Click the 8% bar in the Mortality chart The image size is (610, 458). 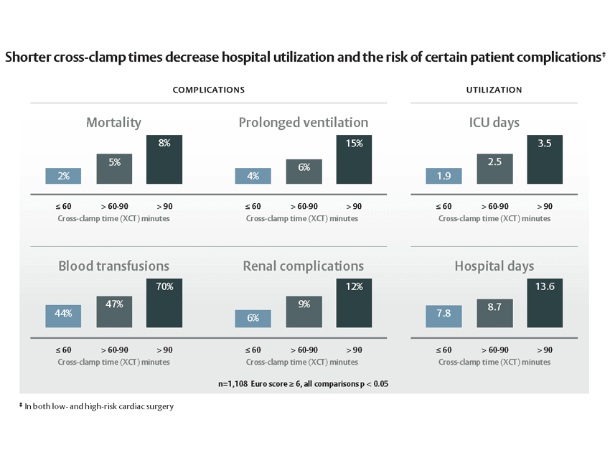click(164, 159)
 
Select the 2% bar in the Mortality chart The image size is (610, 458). click(63, 176)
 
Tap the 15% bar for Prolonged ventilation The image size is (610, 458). click(354, 159)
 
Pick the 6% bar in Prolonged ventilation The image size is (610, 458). click(304, 172)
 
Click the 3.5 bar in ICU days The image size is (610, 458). click(545, 159)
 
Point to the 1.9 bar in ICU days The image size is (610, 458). click(444, 176)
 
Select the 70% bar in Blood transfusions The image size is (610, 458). click(164, 303)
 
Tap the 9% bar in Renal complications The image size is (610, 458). click(304, 312)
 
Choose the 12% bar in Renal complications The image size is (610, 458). click(354, 303)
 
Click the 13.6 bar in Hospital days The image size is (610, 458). click(545, 303)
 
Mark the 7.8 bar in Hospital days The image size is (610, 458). click(444, 317)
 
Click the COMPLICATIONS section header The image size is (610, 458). click(208, 90)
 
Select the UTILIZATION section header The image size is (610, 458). click(494, 90)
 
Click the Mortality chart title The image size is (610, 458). click(113, 123)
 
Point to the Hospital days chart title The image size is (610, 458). click(494, 266)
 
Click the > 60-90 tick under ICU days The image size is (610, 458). click(494, 207)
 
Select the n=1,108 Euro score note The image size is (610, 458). click(303, 384)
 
